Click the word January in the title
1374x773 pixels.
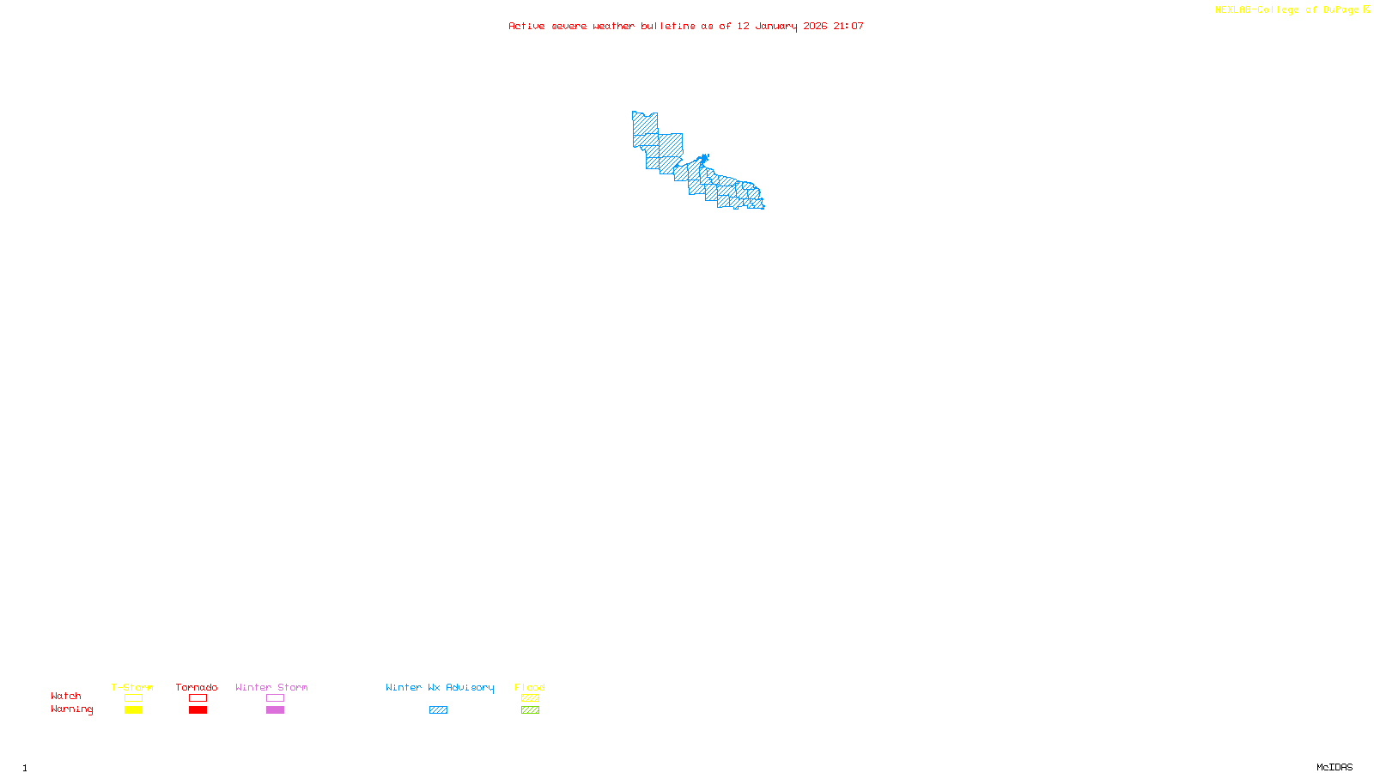pyautogui.click(x=775, y=27)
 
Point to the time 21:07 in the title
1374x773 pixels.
pyautogui.click(x=848, y=27)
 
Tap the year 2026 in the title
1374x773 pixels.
pyautogui.click(x=815, y=27)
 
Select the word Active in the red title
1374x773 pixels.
pyautogui.click(x=526, y=27)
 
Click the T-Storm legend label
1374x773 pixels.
pyautogui.click(x=132, y=687)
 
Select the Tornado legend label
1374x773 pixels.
pyautogui.click(x=197, y=687)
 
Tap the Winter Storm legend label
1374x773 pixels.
pyautogui.click(x=271, y=687)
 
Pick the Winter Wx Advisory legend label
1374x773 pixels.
pyautogui.click(x=440, y=687)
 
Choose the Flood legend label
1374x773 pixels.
pyautogui.click(x=530, y=687)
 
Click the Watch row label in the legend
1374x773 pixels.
pyautogui.click(x=66, y=697)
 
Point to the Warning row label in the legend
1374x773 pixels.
pyautogui.click(x=71, y=709)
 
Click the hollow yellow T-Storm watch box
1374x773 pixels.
pyautogui.click(x=133, y=698)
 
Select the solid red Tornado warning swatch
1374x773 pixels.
pyautogui.click(x=198, y=710)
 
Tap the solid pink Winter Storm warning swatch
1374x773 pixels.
pyautogui.click(x=275, y=710)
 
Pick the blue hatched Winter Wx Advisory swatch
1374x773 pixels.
pyautogui.click(x=438, y=710)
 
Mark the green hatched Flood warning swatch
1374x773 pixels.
pyautogui.click(x=530, y=710)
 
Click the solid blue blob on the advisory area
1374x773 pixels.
pyautogui.click(x=704, y=159)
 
